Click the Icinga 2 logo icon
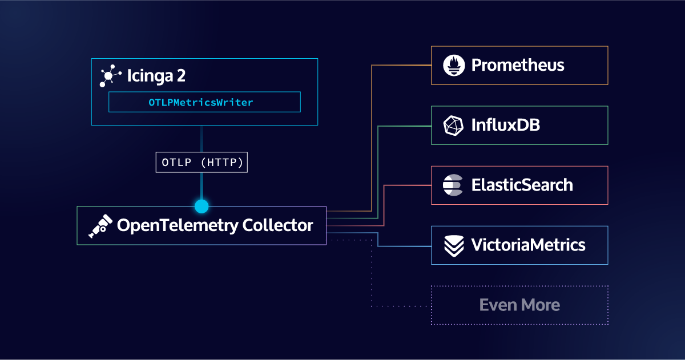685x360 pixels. [110, 76]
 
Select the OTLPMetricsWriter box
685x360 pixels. [204, 103]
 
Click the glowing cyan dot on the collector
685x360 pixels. [202, 206]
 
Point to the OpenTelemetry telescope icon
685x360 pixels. [99, 226]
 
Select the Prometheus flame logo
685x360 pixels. [454, 65]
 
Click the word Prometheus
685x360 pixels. [518, 65]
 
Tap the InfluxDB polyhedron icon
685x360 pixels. [454, 126]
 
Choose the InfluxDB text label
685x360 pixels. [506, 125]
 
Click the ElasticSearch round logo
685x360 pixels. [454, 185]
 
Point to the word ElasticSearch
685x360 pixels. [522, 185]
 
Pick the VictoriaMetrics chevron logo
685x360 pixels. [454, 245]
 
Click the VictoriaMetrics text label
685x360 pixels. [528, 245]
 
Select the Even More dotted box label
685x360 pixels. [519, 305]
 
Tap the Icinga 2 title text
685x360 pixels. [156, 76]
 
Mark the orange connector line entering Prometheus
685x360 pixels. [402, 65]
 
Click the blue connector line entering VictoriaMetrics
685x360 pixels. [405, 246]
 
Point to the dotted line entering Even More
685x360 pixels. [402, 306]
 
